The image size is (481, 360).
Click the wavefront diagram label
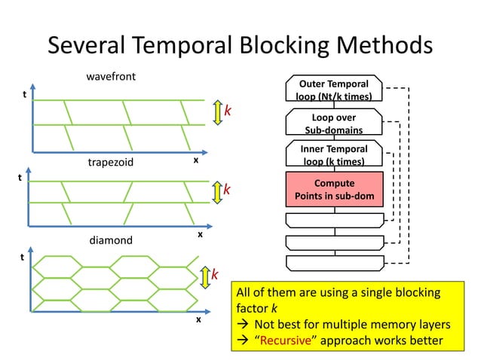111,78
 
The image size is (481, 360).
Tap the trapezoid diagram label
111,162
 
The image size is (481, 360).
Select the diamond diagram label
111,240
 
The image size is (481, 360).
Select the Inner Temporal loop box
334,155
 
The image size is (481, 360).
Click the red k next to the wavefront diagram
228,111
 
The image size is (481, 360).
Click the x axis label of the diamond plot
199,319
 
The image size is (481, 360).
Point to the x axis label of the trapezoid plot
200,234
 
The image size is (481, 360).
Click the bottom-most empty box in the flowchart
334,263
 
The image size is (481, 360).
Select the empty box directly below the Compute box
334,220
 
